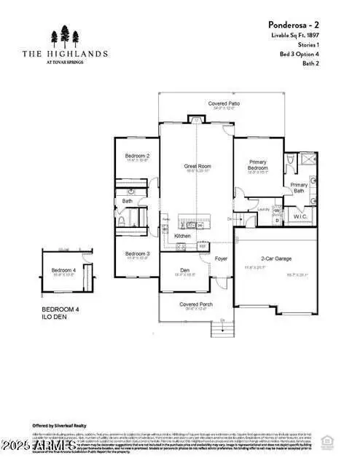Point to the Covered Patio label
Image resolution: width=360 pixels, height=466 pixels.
tap(224, 104)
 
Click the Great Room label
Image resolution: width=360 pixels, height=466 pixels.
tap(197, 166)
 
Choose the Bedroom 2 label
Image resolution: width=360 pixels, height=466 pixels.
tap(137, 156)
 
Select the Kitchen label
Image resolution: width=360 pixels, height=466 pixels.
tap(183, 236)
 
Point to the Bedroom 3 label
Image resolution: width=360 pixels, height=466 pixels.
tap(137, 253)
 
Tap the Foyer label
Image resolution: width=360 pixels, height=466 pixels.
tap(221, 258)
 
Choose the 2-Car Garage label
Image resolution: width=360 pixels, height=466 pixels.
tap(277, 258)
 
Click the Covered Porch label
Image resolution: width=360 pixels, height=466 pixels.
tap(195, 305)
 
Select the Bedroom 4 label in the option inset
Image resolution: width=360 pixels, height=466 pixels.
tap(63, 272)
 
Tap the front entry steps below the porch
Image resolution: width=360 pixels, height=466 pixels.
tap(222, 331)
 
